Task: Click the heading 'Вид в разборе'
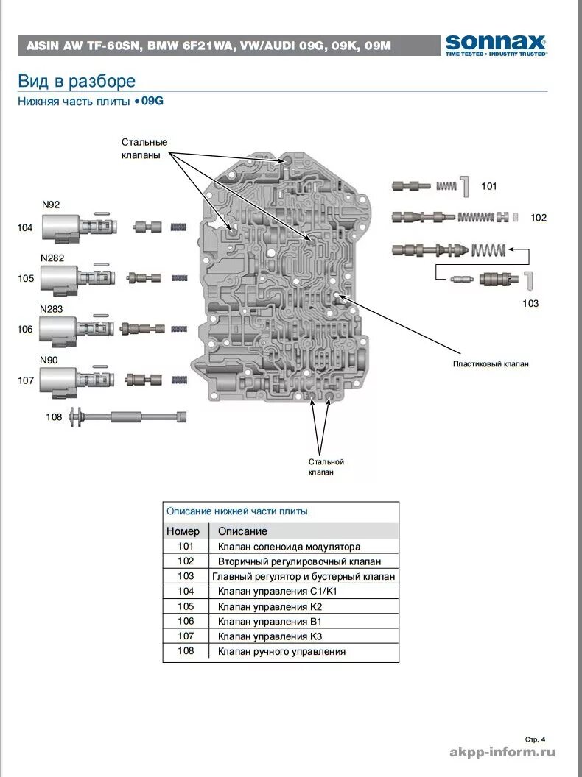(x=77, y=81)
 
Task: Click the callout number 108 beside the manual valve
(x=54, y=417)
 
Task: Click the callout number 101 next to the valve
(x=488, y=186)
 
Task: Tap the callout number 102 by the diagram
(x=539, y=218)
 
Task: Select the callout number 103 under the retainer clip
(x=530, y=303)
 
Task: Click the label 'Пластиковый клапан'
(x=491, y=364)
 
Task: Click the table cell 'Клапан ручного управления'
(x=281, y=652)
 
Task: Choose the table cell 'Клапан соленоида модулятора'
(x=289, y=547)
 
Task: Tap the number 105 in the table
(x=185, y=607)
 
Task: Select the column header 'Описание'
(x=242, y=531)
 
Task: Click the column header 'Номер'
(x=183, y=531)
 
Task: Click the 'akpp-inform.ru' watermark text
(x=502, y=752)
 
